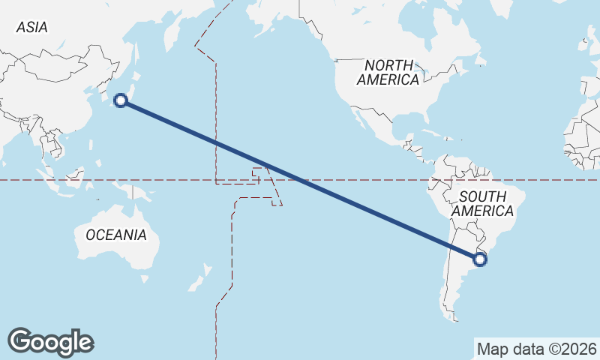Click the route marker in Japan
point(121,100)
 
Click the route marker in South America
point(480,259)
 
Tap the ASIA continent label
point(31,28)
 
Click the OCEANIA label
point(116,235)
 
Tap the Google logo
point(50,341)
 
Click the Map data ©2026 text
point(536,349)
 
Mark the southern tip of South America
point(452,316)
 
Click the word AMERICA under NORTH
point(388,79)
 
